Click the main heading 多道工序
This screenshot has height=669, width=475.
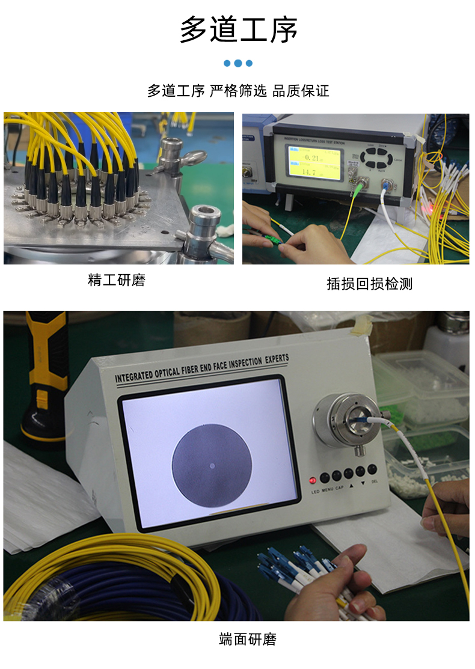pyautogui.click(x=239, y=30)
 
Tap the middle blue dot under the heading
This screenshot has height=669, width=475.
pyautogui.click(x=238, y=63)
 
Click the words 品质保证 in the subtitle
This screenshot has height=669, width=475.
pyautogui.click(x=301, y=91)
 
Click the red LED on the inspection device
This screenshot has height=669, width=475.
pyautogui.click(x=313, y=480)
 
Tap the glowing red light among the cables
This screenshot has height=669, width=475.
pyautogui.click(x=429, y=209)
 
